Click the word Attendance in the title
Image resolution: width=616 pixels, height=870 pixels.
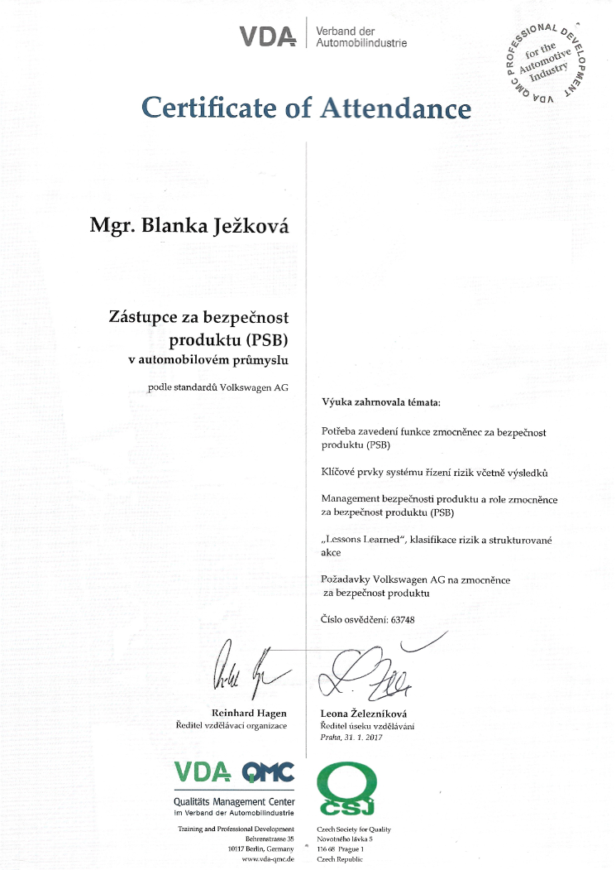(x=394, y=107)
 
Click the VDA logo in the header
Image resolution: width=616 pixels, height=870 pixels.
(x=267, y=36)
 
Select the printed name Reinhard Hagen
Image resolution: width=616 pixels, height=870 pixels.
(x=250, y=713)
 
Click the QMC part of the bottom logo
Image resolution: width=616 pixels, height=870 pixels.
(x=268, y=773)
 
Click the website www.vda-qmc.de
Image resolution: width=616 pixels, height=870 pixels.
(x=267, y=861)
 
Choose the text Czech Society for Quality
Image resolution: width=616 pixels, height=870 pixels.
(x=354, y=829)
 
